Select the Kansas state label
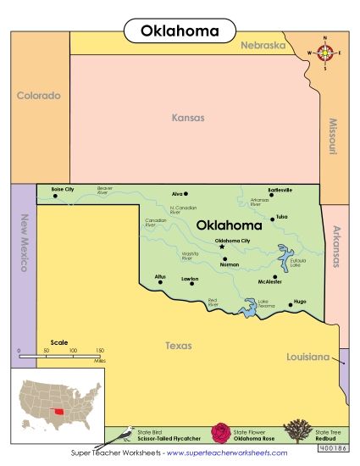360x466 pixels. coord(188,119)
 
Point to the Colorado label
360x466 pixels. coord(39,96)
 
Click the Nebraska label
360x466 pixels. coord(262,46)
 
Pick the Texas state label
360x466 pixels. coord(178,346)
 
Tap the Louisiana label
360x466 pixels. coord(307,358)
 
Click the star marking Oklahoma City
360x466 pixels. coord(223,247)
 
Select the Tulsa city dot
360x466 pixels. coord(272,219)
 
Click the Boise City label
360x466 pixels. coord(63,189)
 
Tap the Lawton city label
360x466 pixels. coord(190,277)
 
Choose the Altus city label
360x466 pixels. coord(160,276)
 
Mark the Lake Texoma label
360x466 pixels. coord(263,302)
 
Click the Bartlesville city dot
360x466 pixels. coord(272,196)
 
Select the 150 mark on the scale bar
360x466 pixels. coord(99,350)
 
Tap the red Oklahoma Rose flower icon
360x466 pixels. coord(222,434)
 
